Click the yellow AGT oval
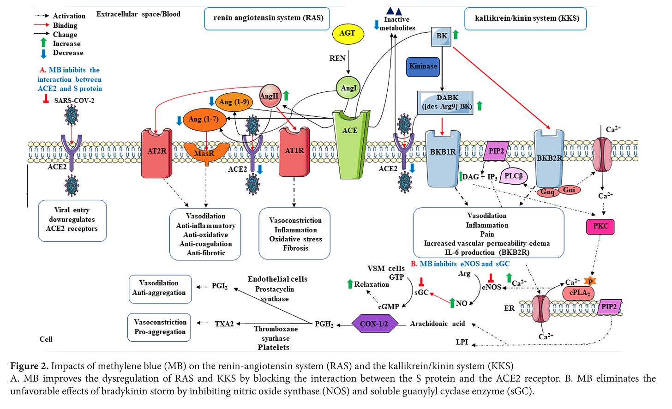(x=347, y=33)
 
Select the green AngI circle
(x=348, y=88)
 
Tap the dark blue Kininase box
(x=423, y=66)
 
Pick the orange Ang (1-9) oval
(x=234, y=102)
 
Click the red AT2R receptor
(x=156, y=152)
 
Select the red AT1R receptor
(x=294, y=152)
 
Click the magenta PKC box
(x=600, y=226)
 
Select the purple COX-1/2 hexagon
(x=374, y=324)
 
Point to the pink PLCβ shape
(x=513, y=176)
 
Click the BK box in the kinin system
(x=441, y=36)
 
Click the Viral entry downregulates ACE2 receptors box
(x=72, y=220)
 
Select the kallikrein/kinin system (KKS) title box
(x=525, y=18)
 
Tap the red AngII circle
(x=270, y=96)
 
